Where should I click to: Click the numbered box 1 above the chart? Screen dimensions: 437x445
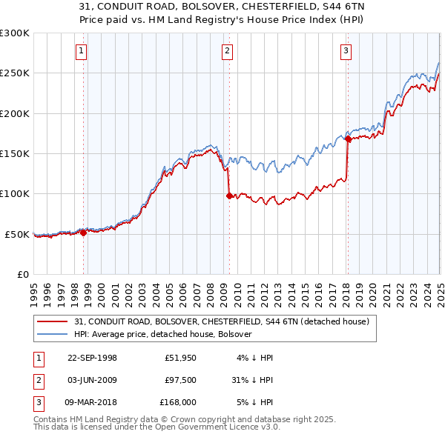(x=81, y=51)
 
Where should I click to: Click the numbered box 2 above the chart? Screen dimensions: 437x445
(x=227, y=51)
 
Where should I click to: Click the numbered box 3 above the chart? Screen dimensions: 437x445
(x=346, y=51)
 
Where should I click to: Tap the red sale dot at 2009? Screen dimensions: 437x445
(x=228, y=196)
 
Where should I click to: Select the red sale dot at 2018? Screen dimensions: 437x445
(x=348, y=139)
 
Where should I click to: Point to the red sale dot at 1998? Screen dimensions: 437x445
(x=83, y=233)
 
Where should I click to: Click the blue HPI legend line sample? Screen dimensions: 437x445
(x=53, y=334)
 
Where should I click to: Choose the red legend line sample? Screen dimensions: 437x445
(x=53, y=321)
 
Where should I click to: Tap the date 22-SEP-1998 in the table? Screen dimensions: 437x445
(x=92, y=358)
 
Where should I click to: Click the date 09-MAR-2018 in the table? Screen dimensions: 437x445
(x=92, y=402)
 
